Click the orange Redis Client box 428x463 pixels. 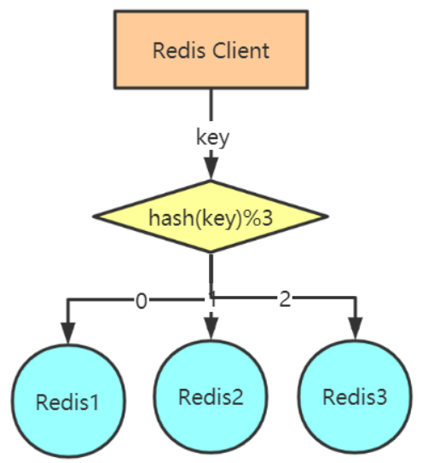pyautogui.click(x=211, y=49)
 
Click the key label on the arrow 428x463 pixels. pyautogui.click(x=212, y=138)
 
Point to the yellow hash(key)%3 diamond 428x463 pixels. pyautogui.click(x=211, y=217)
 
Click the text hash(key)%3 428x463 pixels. pyautogui.click(x=211, y=217)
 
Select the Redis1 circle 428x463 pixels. pyautogui.click(x=67, y=400)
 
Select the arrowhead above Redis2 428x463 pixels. pyautogui.click(x=212, y=328)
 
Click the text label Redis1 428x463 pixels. pyautogui.click(x=67, y=401)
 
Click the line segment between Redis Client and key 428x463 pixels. pyautogui.click(x=211, y=107)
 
